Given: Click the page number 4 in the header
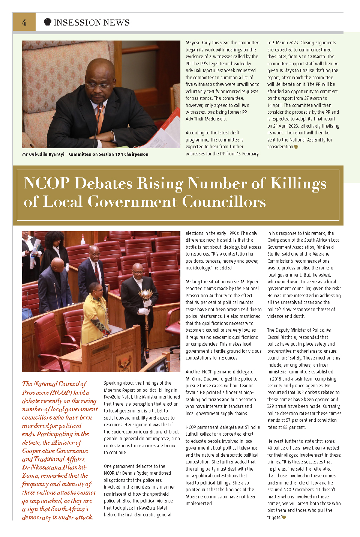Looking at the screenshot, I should point(24,23).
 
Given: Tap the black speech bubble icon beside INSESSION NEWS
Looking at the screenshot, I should point(48,22).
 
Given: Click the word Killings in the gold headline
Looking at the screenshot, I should point(298,183).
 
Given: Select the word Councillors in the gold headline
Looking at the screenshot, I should point(224,202).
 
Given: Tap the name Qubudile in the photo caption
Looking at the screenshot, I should point(40,154).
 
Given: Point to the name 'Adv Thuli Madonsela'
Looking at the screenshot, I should point(206,119).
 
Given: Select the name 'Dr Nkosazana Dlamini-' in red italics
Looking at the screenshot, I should point(54,467).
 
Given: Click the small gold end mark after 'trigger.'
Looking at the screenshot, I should point(284,517).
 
